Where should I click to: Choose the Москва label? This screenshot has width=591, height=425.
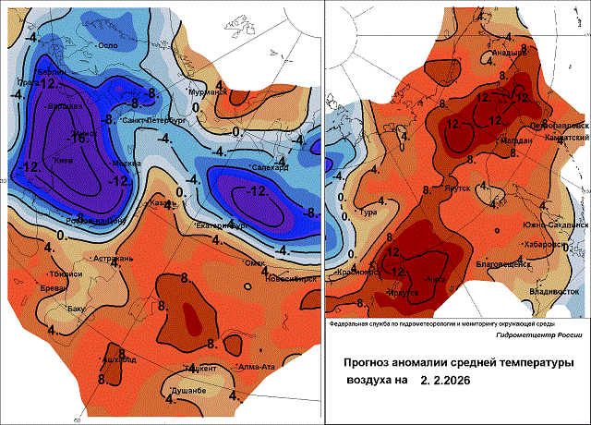pyautogui.click(x=126, y=164)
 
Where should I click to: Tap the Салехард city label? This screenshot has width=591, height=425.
pyautogui.click(x=271, y=167)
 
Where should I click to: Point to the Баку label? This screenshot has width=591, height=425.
pyautogui.click(x=76, y=309)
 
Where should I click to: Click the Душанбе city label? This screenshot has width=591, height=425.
pyautogui.click(x=187, y=393)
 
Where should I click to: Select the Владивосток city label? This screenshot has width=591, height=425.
pyautogui.click(x=553, y=291)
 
